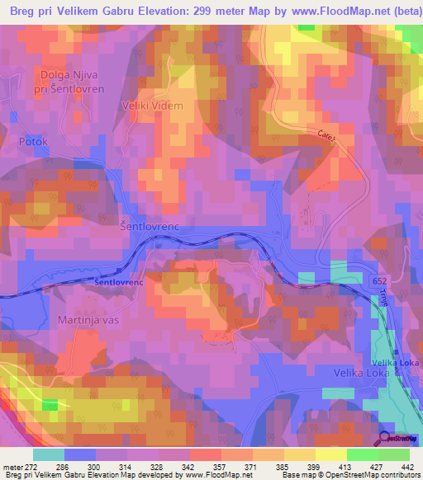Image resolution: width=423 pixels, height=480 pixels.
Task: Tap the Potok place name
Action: pos(33,142)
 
